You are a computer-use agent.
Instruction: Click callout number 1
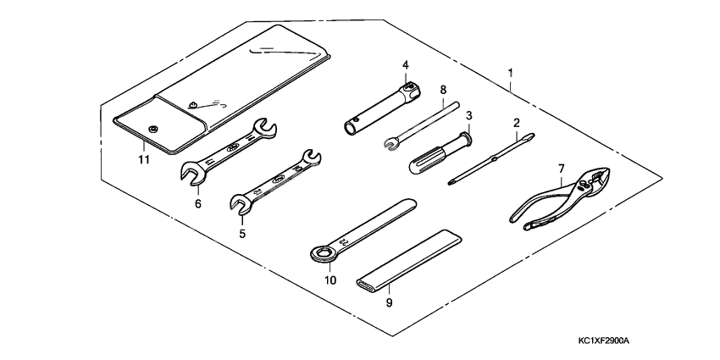510,74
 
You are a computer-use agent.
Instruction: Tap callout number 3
468,115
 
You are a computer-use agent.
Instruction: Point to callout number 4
406,65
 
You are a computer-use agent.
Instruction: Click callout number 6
197,203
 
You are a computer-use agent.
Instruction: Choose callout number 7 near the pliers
561,169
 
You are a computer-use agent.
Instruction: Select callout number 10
330,280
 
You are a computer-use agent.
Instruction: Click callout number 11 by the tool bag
144,158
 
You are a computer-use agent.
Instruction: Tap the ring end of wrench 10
319,252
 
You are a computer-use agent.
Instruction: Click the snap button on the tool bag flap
154,128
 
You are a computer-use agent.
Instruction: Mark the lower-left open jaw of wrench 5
241,203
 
